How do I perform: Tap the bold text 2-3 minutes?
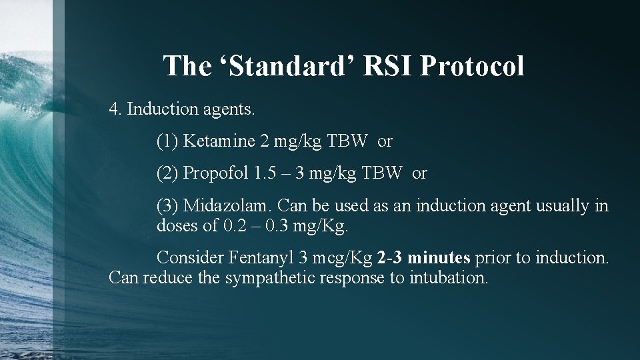tap(423, 257)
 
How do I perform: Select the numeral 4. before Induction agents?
tap(115, 109)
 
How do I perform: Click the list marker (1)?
tap(167, 141)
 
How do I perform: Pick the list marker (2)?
tap(167, 173)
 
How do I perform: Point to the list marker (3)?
tap(167, 206)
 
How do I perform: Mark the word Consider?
tap(190, 257)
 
